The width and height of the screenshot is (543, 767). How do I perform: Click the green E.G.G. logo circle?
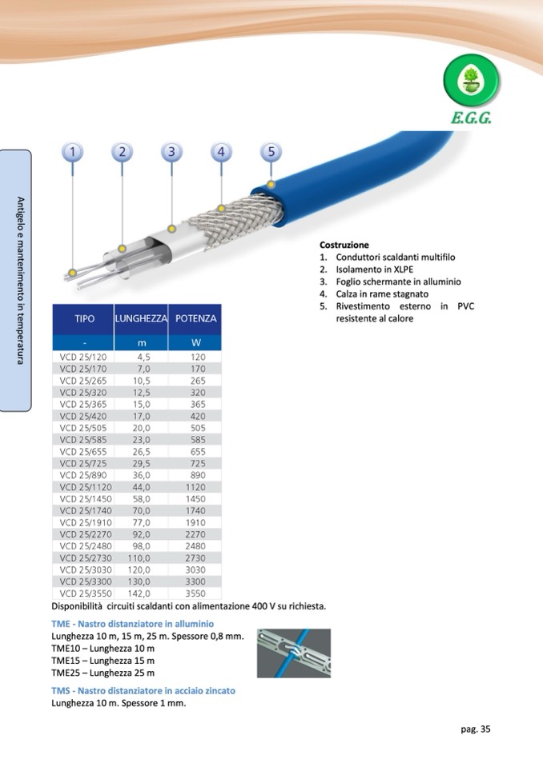(x=472, y=83)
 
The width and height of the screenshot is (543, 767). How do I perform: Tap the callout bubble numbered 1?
(x=73, y=151)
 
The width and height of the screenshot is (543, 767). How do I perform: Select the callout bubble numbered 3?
(x=171, y=151)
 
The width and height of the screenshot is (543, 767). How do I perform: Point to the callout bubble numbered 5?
(x=271, y=151)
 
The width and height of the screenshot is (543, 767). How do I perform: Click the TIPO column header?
(x=84, y=318)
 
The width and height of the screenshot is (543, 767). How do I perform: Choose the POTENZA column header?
(x=195, y=318)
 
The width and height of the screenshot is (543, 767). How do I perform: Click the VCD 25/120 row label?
(x=83, y=357)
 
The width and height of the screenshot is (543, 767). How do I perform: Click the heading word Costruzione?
(x=344, y=245)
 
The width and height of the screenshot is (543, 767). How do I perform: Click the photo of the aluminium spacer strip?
(x=292, y=653)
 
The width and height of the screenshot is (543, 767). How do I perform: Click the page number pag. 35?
(x=475, y=729)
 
